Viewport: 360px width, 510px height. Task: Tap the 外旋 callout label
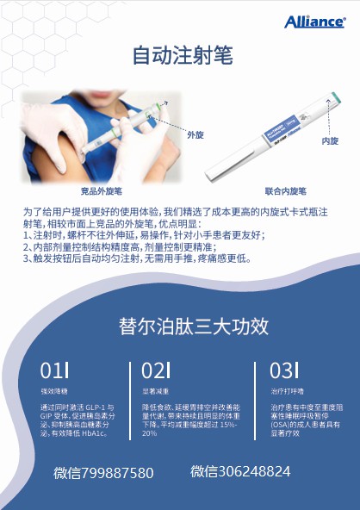pyautogui.click(x=197, y=136)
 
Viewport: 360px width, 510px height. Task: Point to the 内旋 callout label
pyautogui.click(x=329, y=140)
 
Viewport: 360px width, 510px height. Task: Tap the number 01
pyautogui.click(x=53, y=371)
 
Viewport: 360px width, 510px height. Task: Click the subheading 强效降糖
pyautogui.click(x=53, y=390)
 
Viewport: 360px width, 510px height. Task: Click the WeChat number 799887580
pyautogui.click(x=103, y=473)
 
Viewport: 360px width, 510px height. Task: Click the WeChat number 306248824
pyautogui.click(x=240, y=472)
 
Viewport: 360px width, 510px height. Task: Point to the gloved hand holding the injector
pyautogui.click(x=138, y=146)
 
